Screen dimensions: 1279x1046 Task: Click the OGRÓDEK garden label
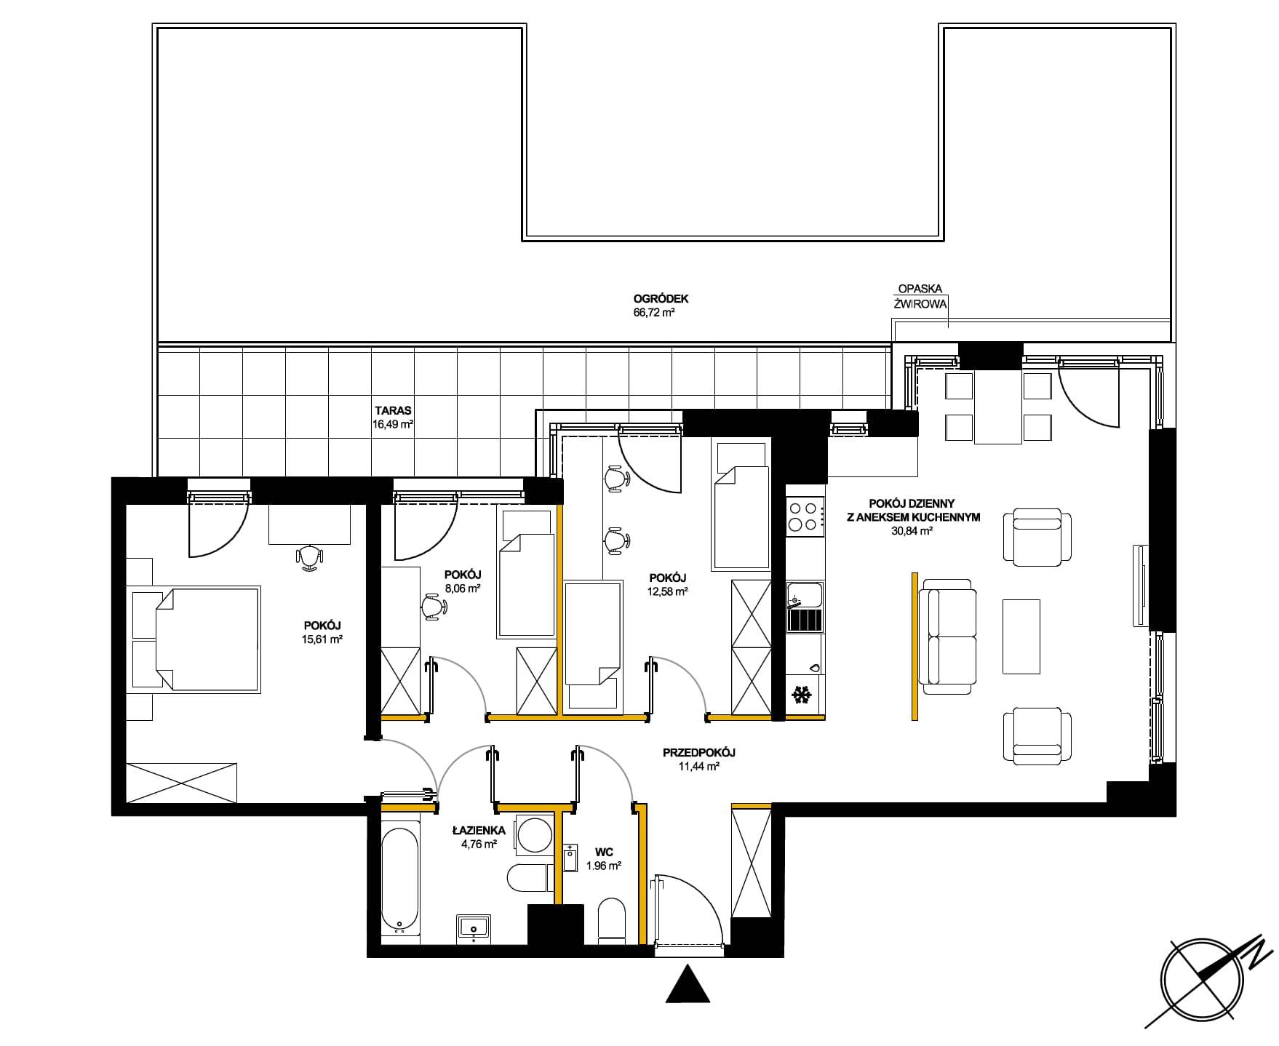click(661, 298)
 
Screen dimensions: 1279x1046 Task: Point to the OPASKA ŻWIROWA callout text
click(920, 297)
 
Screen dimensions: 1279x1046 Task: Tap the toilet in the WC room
click(611, 920)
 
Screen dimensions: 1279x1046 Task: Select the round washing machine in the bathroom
click(533, 832)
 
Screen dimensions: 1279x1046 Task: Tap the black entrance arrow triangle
click(688, 984)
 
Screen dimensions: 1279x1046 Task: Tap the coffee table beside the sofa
click(1021, 636)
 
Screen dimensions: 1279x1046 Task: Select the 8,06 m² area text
click(462, 589)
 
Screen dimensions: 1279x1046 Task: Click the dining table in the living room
click(998, 408)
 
